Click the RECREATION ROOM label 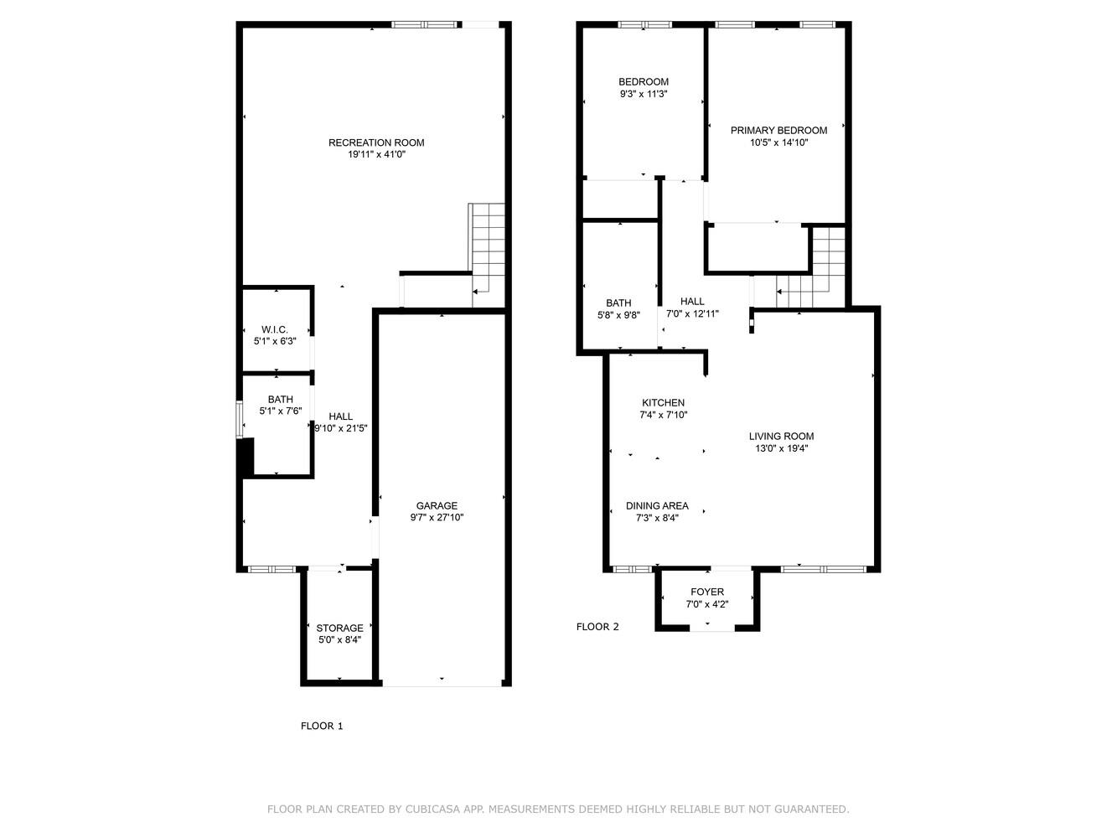376,142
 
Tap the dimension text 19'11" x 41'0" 376,154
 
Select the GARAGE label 437,505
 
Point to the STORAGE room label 339,628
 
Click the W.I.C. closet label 275,329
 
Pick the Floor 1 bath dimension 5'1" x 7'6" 280,411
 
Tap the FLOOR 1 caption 322,726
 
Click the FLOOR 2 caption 597,627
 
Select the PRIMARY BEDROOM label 778,130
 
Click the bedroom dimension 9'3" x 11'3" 644,94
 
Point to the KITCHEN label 663,403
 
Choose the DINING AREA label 657,505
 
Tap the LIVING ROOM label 781,436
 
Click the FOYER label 707,592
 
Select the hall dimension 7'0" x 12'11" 692,313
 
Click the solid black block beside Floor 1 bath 246,458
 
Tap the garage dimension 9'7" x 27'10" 437,517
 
